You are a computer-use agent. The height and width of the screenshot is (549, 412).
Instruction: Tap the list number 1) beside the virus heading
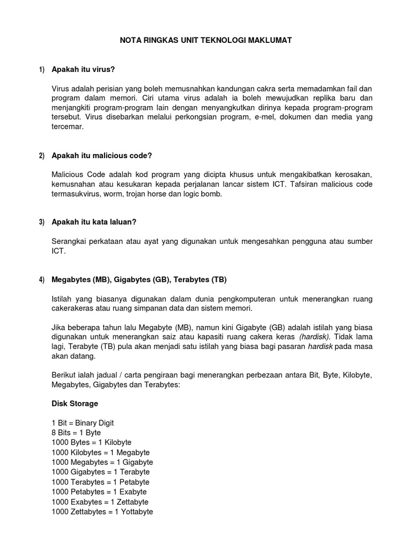coord(42,70)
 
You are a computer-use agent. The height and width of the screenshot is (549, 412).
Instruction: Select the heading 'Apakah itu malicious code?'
coord(102,155)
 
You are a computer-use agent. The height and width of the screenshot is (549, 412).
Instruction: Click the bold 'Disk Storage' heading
coord(75,403)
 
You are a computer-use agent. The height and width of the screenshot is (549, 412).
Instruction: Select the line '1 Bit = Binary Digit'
coord(83,423)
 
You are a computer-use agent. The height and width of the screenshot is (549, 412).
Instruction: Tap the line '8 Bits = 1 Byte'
coord(76,433)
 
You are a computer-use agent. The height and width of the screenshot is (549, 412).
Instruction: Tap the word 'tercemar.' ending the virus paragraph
coord(68,128)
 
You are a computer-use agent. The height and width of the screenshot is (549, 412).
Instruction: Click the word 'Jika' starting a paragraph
coord(59,327)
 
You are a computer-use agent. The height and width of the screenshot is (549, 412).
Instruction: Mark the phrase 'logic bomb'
coord(201,194)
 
